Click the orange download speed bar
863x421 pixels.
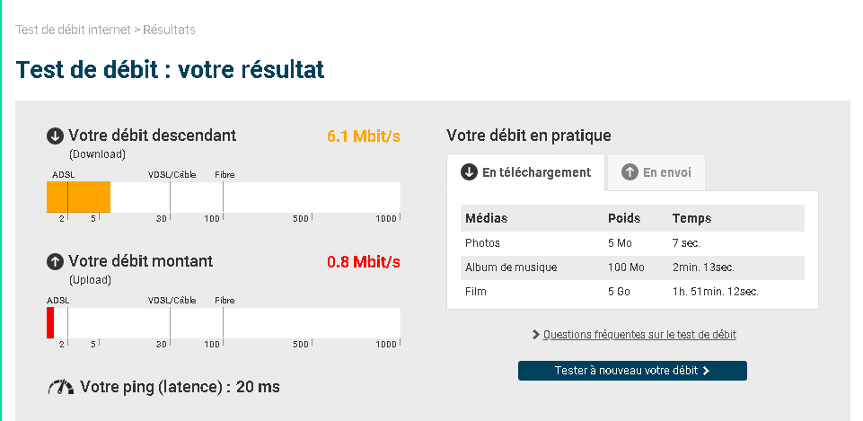click(x=78, y=197)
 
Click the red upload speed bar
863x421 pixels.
click(x=50, y=322)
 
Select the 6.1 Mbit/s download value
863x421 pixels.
click(x=364, y=136)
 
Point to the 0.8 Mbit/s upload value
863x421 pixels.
click(x=364, y=262)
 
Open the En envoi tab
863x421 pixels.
click(x=656, y=172)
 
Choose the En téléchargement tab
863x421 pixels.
click(x=525, y=172)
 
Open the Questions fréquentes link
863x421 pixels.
click(x=639, y=335)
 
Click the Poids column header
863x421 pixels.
click(x=624, y=218)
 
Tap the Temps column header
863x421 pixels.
click(x=691, y=218)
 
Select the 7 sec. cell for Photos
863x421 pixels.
click(x=686, y=242)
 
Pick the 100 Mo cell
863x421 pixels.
click(x=626, y=268)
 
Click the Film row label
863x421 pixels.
click(x=476, y=292)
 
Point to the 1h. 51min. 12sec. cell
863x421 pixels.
click(x=716, y=292)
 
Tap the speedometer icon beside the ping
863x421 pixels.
click(x=60, y=388)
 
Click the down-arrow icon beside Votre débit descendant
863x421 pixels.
click(x=55, y=136)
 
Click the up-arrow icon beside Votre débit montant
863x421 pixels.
click(x=55, y=262)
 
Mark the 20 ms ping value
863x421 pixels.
click(x=258, y=387)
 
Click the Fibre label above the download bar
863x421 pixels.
click(x=225, y=175)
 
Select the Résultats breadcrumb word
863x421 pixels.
click(x=169, y=30)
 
